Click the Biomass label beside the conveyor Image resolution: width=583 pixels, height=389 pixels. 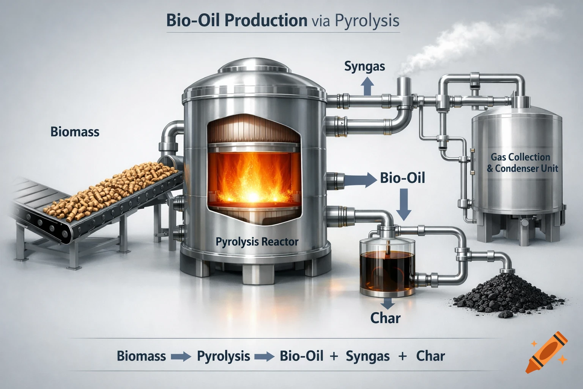[x=75, y=132]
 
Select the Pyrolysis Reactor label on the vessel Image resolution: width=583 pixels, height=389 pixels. [x=257, y=241]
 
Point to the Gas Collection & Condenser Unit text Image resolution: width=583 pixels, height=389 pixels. [x=522, y=163]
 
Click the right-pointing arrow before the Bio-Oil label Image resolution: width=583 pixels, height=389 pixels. [x=364, y=179]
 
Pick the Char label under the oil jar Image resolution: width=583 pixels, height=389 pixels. [x=385, y=318]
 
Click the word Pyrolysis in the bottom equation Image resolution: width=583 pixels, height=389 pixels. [x=224, y=356]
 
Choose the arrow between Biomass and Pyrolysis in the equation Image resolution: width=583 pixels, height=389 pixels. [x=181, y=357]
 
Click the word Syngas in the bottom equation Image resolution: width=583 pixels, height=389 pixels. [x=367, y=356]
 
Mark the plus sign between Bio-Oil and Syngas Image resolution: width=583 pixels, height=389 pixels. [x=334, y=356]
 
